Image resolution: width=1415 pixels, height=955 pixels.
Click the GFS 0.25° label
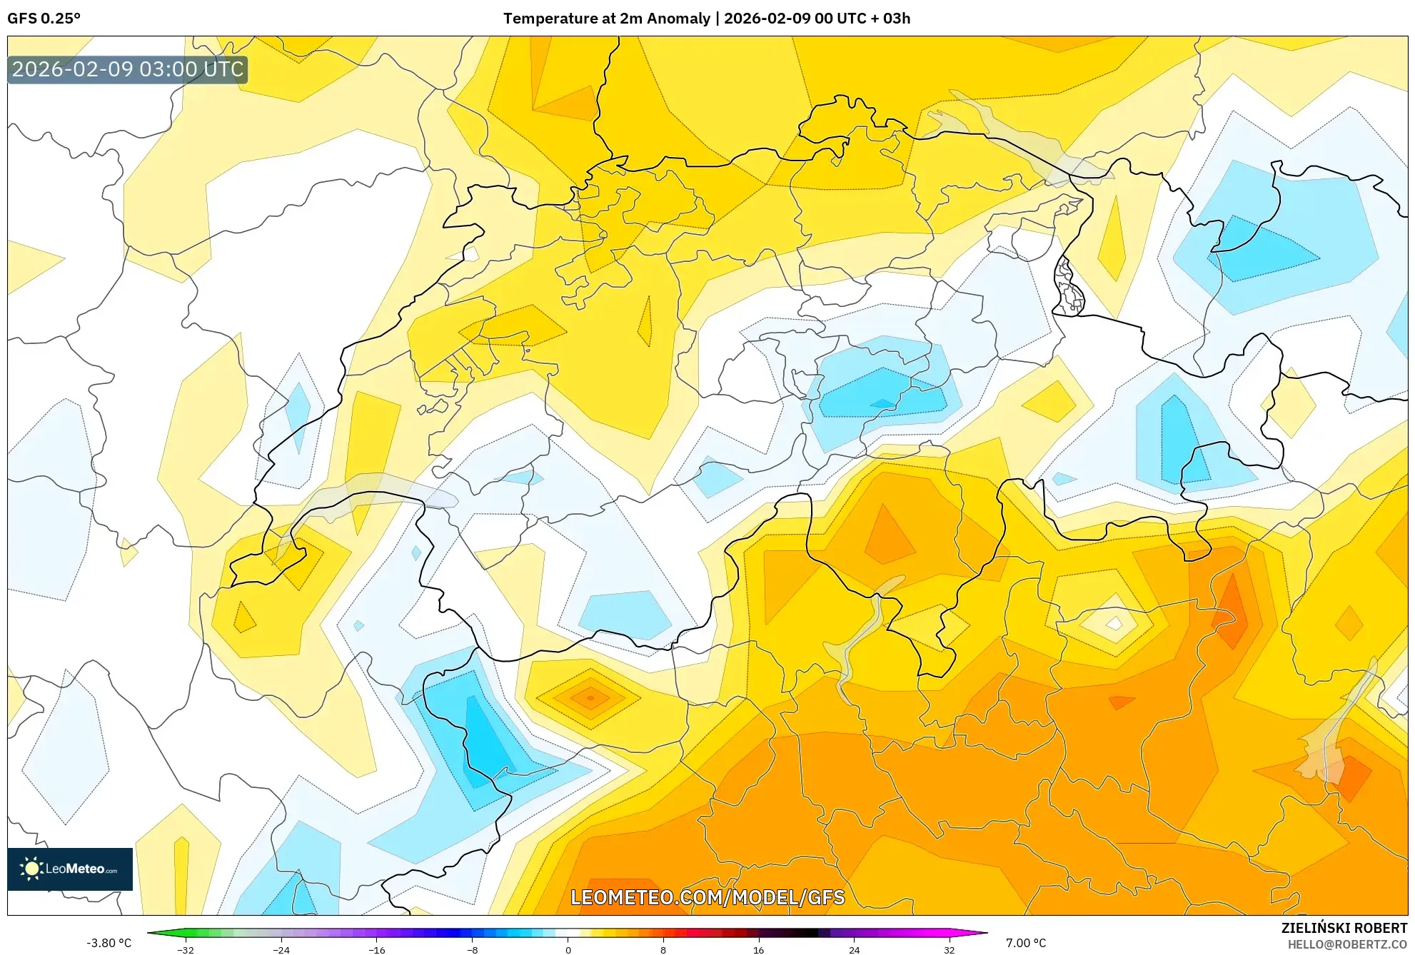[x=44, y=19]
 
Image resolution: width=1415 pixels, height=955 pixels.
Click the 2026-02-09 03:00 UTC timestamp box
[x=128, y=70]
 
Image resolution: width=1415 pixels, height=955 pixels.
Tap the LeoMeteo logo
[x=70, y=869]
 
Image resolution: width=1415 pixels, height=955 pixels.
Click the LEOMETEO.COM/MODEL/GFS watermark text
[x=707, y=897]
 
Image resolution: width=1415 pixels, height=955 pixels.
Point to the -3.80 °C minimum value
[x=109, y=943]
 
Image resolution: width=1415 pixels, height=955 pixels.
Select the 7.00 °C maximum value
[x=1026, y=943]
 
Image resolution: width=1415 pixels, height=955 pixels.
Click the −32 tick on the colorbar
[x=186, y=950]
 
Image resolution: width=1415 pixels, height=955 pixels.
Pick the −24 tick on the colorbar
[x=281, y=950]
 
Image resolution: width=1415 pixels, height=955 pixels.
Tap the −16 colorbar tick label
[x=377, y=950]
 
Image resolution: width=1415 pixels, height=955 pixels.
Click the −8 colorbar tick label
[x=473, y=950]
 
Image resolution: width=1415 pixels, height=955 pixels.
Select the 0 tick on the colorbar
[x=568, y=950]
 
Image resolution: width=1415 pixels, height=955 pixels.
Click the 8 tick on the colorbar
[x=663, y=950]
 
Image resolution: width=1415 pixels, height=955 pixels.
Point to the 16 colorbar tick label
[x=759, y=950]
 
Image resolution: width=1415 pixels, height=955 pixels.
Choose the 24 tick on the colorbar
[x=854, y=950]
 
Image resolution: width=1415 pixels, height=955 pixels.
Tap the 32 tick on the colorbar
[x=950, y=950]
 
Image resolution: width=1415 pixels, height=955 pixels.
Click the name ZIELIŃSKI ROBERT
[x=1344, y=928]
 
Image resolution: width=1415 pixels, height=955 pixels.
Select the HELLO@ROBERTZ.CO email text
[x=1347, y=945]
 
